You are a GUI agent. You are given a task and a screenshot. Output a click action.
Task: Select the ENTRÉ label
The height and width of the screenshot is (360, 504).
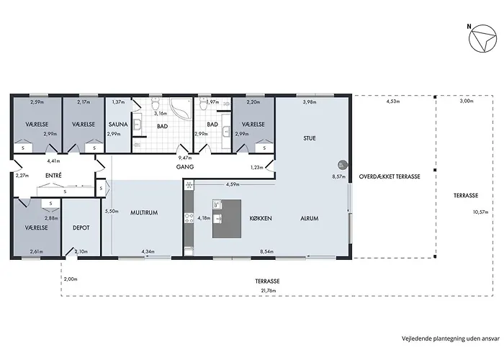tap(53, 176)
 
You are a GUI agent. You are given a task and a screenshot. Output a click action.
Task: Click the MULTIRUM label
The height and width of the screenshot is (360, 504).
tap(143, 213)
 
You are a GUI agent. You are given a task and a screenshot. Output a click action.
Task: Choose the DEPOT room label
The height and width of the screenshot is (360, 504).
tap(81, 227)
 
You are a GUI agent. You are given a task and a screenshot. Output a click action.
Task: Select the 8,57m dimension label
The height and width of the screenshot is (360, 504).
tap(338, 176)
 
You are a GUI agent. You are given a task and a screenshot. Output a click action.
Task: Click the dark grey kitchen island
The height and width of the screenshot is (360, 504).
tap(226, 219)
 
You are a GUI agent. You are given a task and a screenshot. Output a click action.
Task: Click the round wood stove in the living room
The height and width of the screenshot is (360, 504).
tap(343, 164)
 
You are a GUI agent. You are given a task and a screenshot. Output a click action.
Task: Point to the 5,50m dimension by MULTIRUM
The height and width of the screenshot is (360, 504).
tap(111, 212)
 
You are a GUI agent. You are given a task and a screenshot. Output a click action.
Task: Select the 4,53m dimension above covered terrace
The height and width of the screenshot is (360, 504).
tap(392, 102)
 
